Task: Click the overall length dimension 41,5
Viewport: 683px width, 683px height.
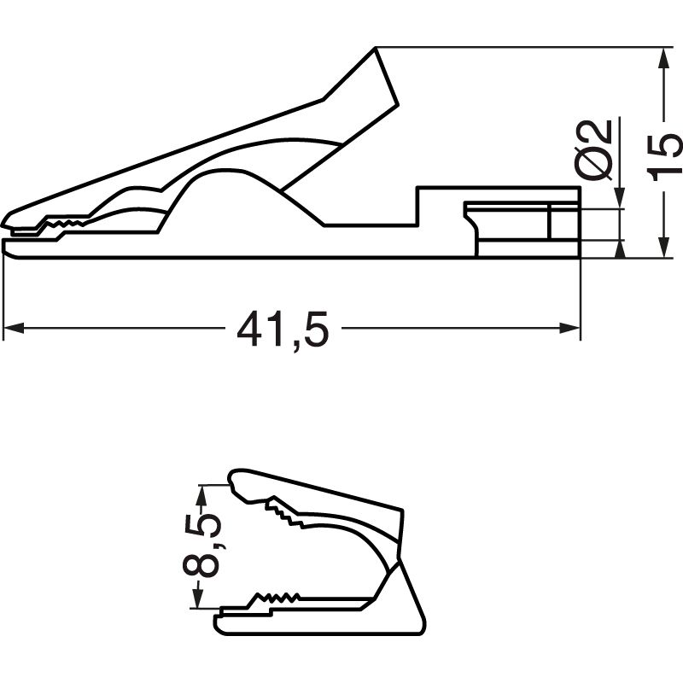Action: pyautogui.click(x=282, y=329)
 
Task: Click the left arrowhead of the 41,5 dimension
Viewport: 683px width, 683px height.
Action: pyautogui.click(x=12, y=329)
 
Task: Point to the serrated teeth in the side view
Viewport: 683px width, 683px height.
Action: pyautogui.click(x=64, y=225)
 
